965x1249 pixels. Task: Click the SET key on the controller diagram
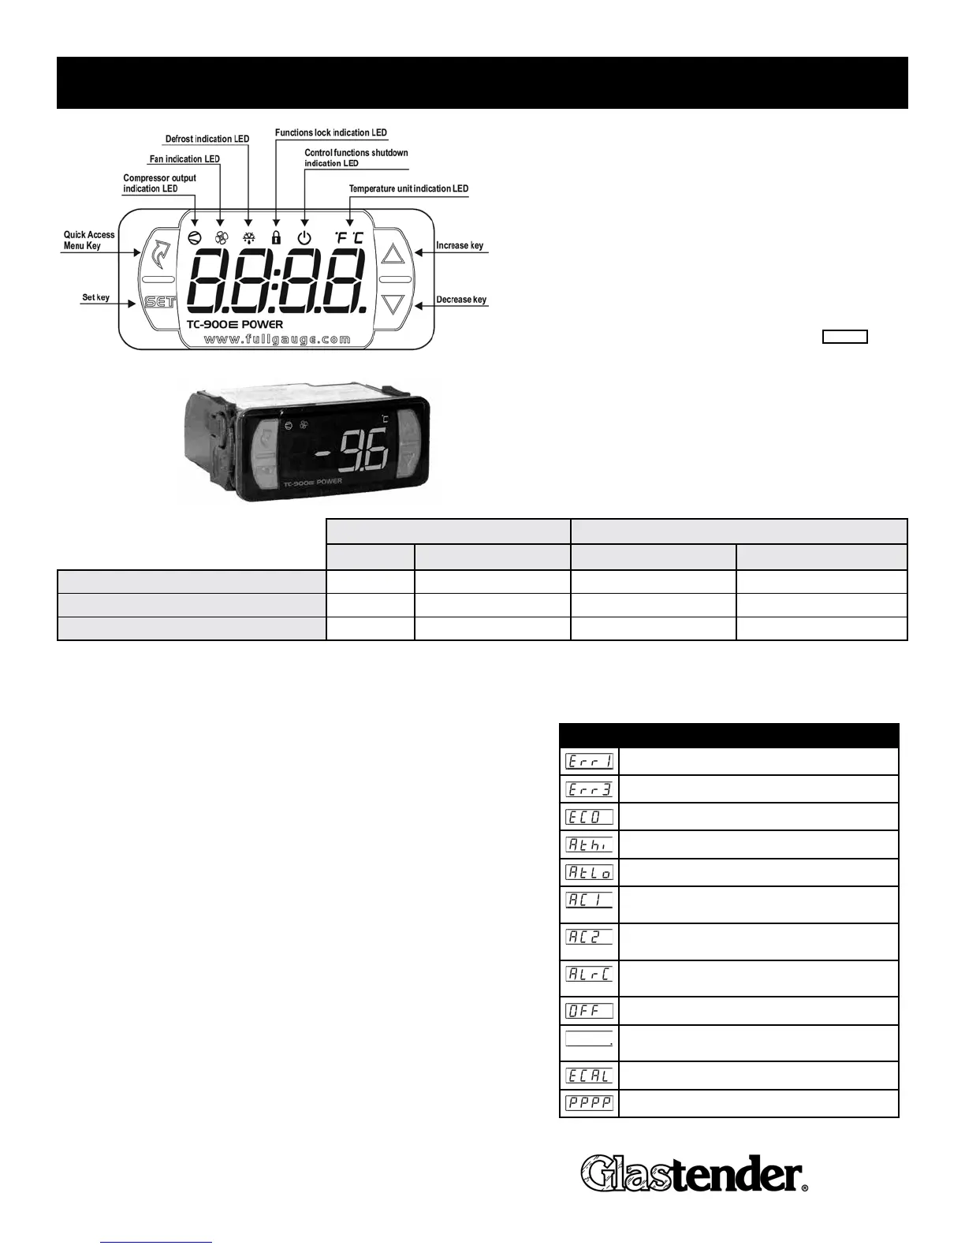pos(159,302)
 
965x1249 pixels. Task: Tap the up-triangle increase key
pos(393,254)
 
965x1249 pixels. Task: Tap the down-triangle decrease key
pos(393,304)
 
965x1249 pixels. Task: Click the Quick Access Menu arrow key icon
pos(160,253)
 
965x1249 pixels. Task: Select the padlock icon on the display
pos(276,237)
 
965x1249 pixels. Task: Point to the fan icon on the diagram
pos(221,237)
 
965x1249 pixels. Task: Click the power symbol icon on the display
pos(304,237)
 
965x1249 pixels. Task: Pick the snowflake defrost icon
pos(249,237)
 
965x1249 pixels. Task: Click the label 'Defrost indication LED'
pos(207,139)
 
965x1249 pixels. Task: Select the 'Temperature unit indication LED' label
pos(408,188)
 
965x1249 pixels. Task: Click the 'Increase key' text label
pos(460,245)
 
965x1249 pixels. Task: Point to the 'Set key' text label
pos(96,297)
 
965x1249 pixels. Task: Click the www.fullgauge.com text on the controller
pos(277,339)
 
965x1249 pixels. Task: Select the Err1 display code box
pos(589,761)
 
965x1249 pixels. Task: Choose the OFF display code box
pos(589,1011)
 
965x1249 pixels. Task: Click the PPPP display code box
pos(589,1102)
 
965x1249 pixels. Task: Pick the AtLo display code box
pos(589,872)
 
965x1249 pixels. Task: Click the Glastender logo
pos(695,1173)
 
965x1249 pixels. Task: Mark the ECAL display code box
pos(589,1075)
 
